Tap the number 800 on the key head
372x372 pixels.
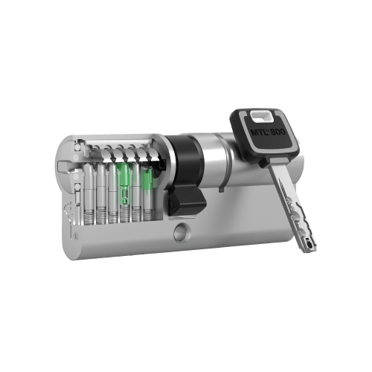point(278,131)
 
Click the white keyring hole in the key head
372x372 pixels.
point(261,116)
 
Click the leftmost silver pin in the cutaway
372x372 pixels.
point(89,186)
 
